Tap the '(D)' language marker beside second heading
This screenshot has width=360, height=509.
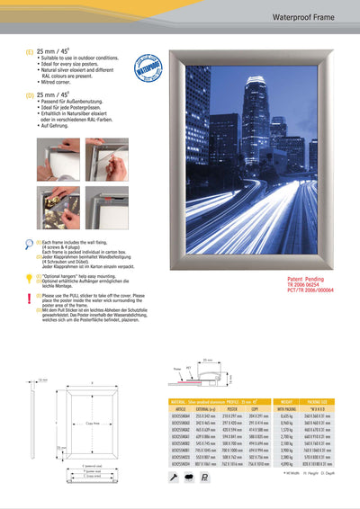point(30,94)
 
